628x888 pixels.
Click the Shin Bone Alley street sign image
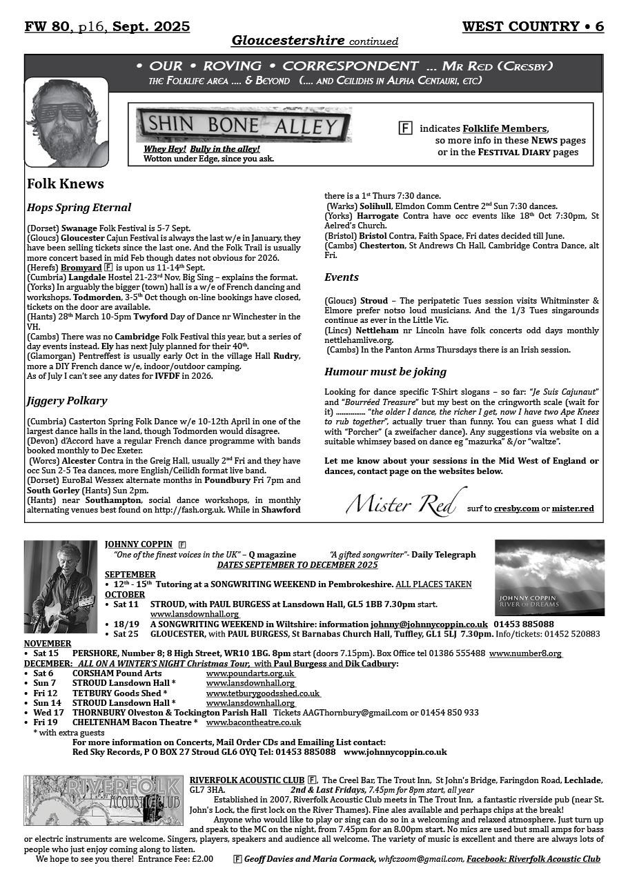(x=244, y=125)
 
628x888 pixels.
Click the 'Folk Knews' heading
(x=66, y=184)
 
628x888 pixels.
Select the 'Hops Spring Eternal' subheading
(x=79, y=207)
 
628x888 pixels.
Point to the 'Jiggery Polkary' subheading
(x=67, y=401)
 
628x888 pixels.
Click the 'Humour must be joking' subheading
(x=385, y=372)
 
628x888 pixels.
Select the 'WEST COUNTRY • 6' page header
(x=533, y=27)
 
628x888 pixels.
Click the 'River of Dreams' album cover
(x=549, y=578)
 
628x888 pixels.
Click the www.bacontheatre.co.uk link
(x=253, y=722)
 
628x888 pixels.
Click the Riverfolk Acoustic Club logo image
(x=104, y=800)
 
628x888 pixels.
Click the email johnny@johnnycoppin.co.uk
(x=429, y=624)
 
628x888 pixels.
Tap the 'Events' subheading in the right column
(x=342, y=277)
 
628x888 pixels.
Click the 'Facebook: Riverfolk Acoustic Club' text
(x=533, y=860)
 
